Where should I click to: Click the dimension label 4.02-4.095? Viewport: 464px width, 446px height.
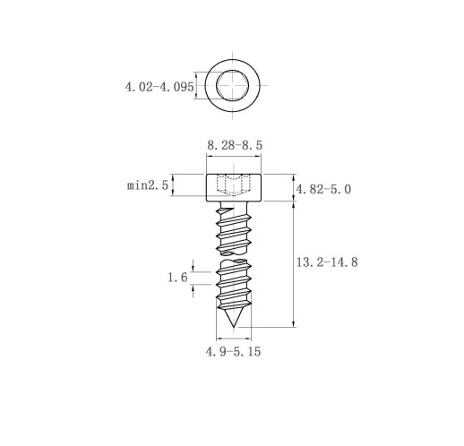coord(159,87)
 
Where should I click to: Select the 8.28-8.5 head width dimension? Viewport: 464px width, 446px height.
coord(235,145)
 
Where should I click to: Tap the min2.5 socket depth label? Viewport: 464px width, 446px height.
coord(148,185)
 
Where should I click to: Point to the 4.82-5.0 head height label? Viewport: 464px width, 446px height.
coord(323,189)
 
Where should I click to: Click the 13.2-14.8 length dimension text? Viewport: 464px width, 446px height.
coord(327,262)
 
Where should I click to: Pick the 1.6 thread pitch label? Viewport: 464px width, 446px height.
coord(177,278)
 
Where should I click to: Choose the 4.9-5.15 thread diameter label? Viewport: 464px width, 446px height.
coord(233,351)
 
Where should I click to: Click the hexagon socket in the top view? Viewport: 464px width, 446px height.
coord(232,85)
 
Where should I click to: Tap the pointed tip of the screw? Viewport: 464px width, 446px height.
coord(233,326)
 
